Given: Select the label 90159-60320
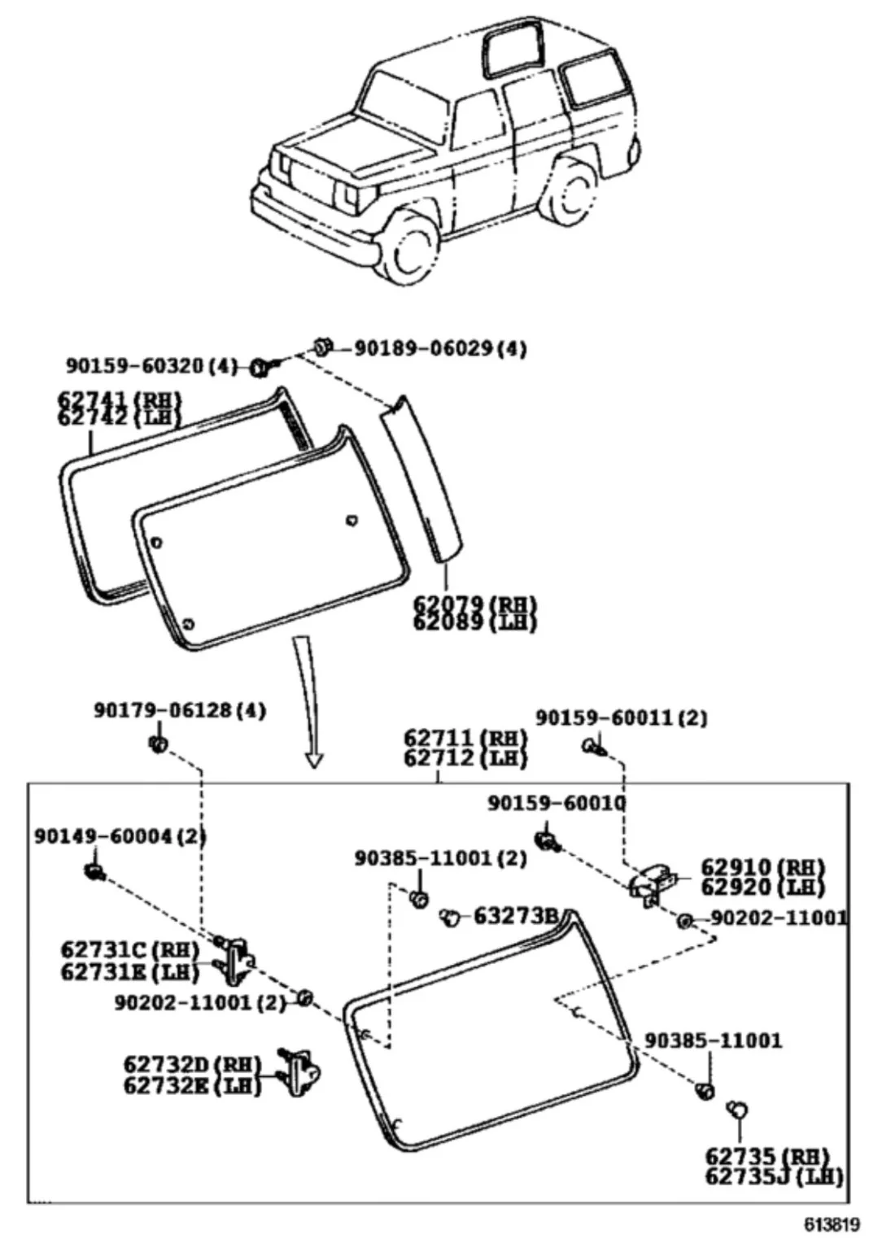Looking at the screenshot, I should pyautogui.click(x=137, y=367).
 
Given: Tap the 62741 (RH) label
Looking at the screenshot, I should pyautogui.click(x=119, y=400).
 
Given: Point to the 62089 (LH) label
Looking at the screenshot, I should pyautogui.click(x=474, y=622).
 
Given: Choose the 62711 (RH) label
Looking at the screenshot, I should pyautogui.click(x=465, y=739).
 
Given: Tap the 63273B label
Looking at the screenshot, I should pyautogui.click(x=515, y=916).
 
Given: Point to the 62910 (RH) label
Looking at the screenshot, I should pyautogui.click(x=762, y=868).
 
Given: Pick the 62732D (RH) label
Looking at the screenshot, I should pyautogui.click(x=191, y=1064).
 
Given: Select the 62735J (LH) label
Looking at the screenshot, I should pyautogui.click(x=774, y=1175).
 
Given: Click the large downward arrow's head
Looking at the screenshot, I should pyautogui.click(x=314, y=760).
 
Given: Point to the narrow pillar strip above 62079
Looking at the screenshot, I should pyautogui.click(x=423, y=480).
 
